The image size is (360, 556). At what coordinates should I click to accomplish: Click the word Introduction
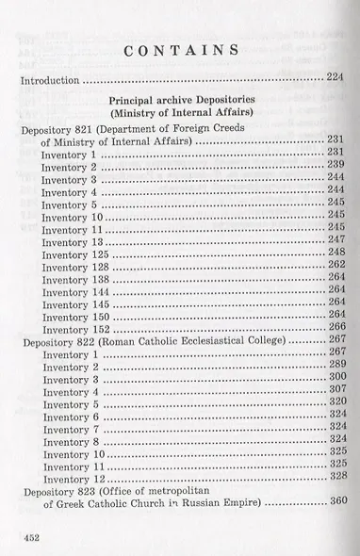49,81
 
